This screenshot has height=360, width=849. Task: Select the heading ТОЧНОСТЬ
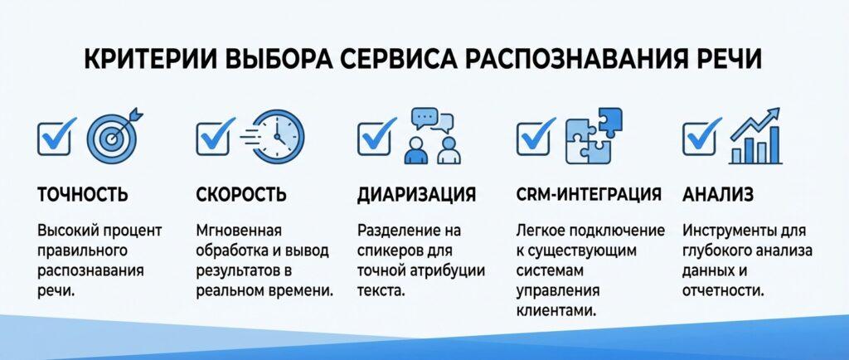point(83,194)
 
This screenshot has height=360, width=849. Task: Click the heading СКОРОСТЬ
point(241,194)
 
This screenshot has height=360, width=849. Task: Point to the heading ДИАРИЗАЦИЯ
point(416,194)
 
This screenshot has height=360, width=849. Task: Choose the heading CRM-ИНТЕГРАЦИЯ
point(589,194)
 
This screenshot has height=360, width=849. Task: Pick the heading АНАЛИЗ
point(717,194)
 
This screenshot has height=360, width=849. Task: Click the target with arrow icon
point(113,136)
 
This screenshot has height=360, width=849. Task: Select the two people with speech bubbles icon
point(431,136)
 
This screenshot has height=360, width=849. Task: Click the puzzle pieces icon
point(594,136)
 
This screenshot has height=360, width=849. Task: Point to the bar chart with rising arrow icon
point(755,136)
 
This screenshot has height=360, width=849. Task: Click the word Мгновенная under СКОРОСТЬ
point(239,231)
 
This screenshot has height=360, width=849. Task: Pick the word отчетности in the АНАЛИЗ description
point(723,290)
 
